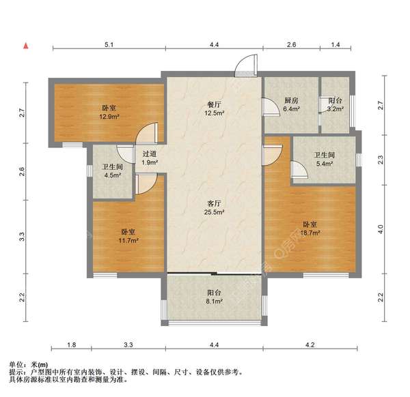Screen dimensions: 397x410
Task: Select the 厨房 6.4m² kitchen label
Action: click(292, 104)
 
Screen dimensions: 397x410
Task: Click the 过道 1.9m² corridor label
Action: click(150, 158)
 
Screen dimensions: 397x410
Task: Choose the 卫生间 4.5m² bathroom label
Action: click(112, 171)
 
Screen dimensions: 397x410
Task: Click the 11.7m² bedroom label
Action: click(128, 236)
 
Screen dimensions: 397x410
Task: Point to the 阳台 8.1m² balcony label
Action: click(214, 302)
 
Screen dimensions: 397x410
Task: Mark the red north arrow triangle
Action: click(25, 46)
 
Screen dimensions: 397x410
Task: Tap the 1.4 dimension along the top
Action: click(335, 44)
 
